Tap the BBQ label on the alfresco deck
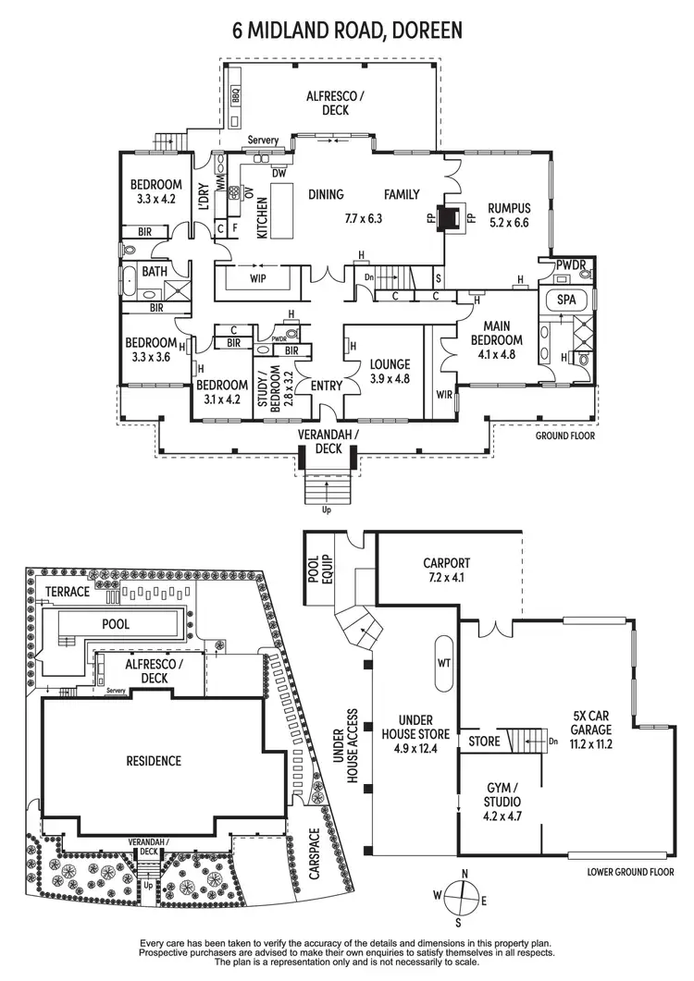(x=235, y=94)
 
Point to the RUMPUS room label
(x=508, y=215)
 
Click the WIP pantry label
(x=258, y=277)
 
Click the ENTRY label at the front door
(x=326, y=386)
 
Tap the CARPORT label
(x=447, y=569)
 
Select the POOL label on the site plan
(x=116, y=624)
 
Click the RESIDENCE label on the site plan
(x=154, y=761)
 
